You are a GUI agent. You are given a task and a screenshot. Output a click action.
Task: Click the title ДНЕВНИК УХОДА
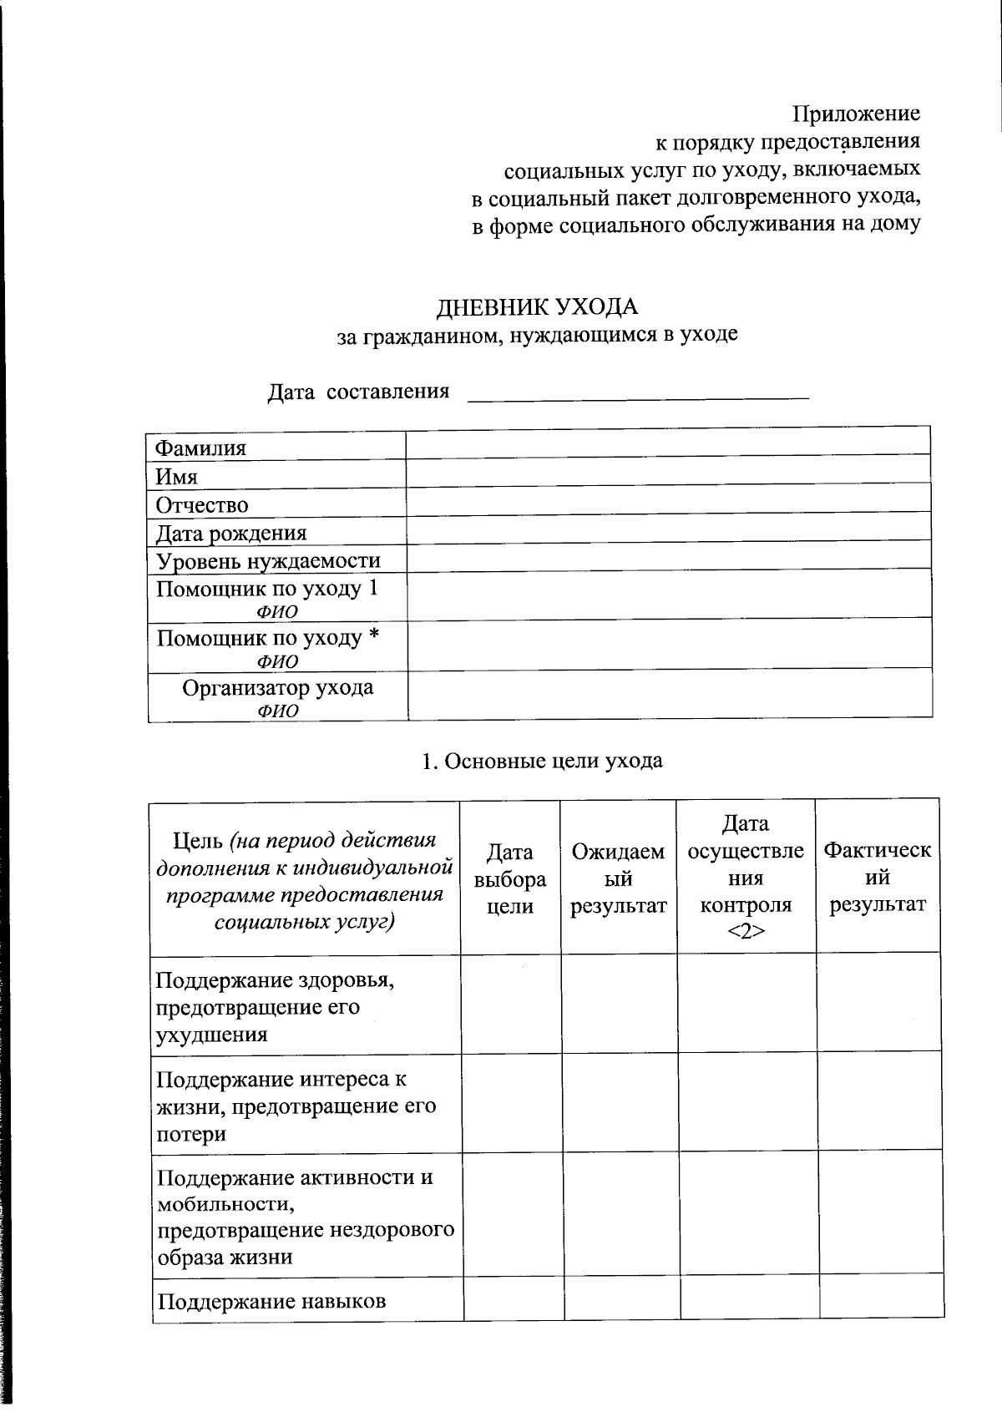point(537,306)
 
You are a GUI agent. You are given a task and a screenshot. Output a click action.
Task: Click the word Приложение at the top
point(856,113)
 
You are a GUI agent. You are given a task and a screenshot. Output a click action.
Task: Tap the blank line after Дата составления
point(638,392)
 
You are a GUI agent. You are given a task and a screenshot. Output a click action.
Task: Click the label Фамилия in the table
point(201,448)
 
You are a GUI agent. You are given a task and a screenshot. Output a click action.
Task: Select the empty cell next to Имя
point(668,471)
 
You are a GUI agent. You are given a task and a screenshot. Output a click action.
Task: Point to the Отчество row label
point(202,505)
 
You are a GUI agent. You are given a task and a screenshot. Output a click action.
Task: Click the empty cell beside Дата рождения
point(668,528)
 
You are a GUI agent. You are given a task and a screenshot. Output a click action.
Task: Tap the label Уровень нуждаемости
point(268,561)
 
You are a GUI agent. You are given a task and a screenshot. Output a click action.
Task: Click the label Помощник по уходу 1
point(267,589)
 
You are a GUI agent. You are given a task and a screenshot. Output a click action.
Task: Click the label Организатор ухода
point(278,688)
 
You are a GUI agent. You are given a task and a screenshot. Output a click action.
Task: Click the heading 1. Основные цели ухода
point(542,761)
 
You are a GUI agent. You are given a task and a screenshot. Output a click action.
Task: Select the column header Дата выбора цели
point(509,878)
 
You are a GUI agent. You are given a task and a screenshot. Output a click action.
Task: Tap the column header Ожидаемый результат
point(619,878)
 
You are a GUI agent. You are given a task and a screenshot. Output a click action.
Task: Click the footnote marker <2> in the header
point(745,932)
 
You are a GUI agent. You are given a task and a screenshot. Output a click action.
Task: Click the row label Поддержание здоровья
point(276,979)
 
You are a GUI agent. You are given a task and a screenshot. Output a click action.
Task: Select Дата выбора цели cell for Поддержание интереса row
point(511,1104)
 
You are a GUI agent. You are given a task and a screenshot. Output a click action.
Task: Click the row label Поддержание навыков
point(272,1301)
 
